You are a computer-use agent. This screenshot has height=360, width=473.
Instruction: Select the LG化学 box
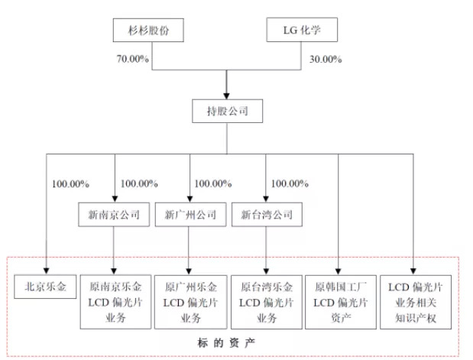(301, 31)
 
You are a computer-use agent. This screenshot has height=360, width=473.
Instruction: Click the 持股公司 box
(225, 112)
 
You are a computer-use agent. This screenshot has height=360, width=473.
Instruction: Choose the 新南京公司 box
(113, 215)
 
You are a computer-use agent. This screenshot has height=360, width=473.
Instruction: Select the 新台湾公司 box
(265, 215)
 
